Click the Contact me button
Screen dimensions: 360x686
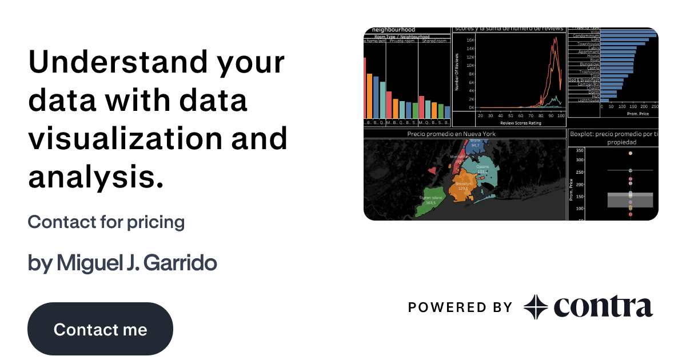click(100, 329)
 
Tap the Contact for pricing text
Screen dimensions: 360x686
click(106, 222)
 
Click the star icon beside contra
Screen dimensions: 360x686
click(536, 307)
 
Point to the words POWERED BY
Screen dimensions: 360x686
click(460, 307)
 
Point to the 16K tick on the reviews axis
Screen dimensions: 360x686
click(470, 40)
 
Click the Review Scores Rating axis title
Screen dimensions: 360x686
click(520, 122)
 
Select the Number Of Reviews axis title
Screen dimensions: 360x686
click(457, 71)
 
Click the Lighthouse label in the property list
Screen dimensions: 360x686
click(589, 100)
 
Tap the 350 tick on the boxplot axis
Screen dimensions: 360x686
click(579, 150)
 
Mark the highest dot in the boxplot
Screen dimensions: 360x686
click(630, 153)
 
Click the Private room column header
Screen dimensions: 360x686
click(401, 41)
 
